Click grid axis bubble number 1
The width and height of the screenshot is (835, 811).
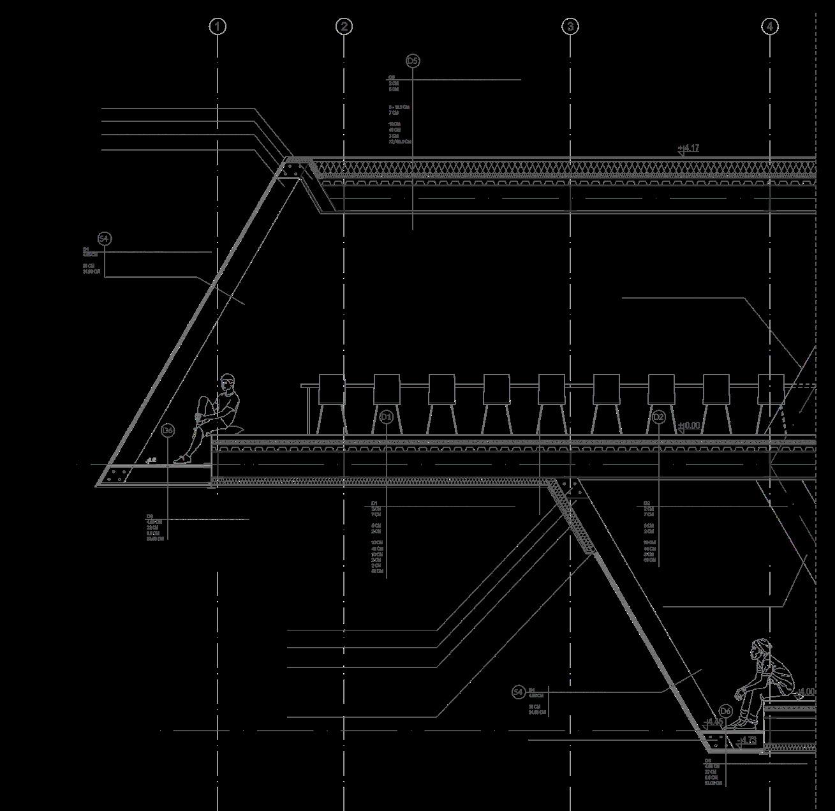(218, 26)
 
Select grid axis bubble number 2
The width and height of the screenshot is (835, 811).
(344, 26)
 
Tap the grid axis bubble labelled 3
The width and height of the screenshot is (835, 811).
(570, 26)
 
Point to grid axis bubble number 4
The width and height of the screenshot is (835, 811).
(770, 26)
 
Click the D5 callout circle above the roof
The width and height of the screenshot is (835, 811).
(413, 61)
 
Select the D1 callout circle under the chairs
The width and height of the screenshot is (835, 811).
(386, 417)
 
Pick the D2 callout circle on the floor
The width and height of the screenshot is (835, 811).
(659, 417)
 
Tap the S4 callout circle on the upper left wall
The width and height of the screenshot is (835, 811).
(105, 239)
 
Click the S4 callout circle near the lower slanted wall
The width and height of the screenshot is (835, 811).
(519, 692)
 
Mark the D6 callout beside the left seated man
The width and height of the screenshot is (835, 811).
(167, 431)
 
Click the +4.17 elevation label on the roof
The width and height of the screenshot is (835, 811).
(689, 149)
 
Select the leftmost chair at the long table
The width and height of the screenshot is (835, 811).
(331, 402)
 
